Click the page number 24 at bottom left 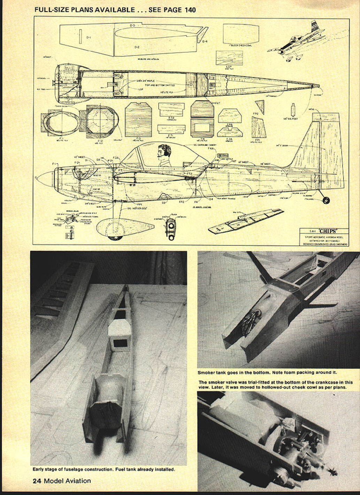click(37, 481)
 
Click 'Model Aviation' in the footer click(67, 481)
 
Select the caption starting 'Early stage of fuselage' click(104, 469)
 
